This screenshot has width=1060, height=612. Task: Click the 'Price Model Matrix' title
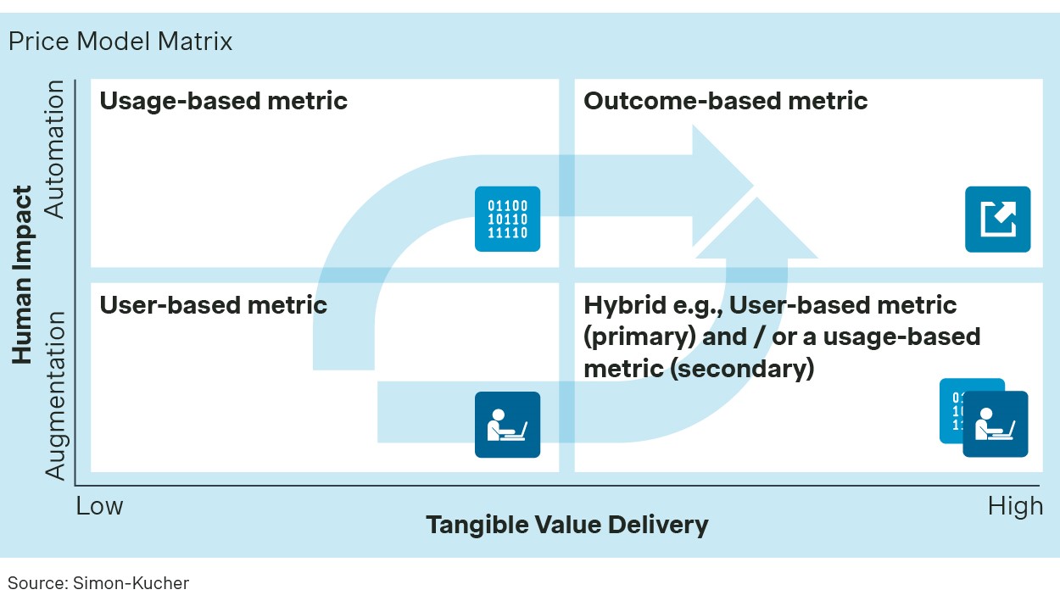tap(120, 42)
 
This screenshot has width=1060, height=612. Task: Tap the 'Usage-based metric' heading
tap(224, 101)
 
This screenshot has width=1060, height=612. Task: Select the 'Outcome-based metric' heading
tap(725, 101)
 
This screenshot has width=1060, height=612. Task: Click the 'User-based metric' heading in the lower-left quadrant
tap(214, 304)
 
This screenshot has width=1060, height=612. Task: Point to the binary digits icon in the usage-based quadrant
tap(507, 219)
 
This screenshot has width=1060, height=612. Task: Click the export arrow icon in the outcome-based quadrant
tap(997, 220)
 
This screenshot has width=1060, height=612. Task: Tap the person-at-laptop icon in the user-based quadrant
tap(507, 424)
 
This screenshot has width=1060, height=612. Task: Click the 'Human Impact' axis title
tap(23, 275)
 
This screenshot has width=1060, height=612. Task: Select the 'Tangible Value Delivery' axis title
tap(566, 525)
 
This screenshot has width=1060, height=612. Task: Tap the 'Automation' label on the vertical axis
tap(54, 149)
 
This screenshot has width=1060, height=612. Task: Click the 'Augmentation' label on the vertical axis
tap(54, 395)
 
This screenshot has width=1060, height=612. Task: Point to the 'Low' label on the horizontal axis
tap(100, 506)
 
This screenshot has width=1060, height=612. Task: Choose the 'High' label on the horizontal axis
tap(1015, 506)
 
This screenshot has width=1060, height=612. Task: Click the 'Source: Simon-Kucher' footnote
tap(98, 583)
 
